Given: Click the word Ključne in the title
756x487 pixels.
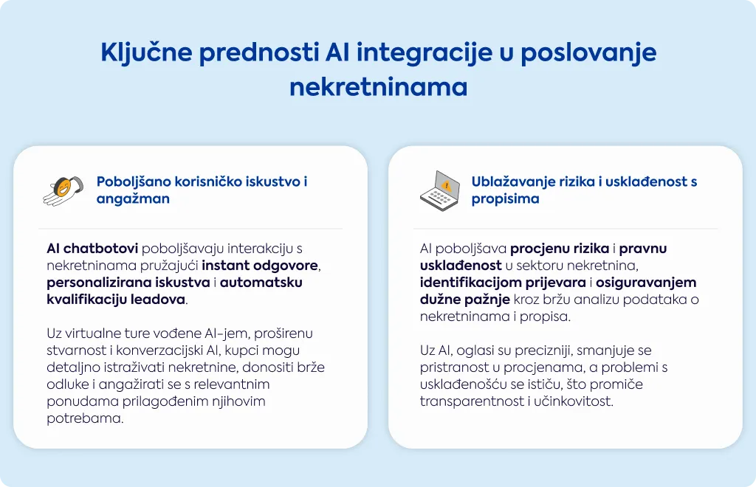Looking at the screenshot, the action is pyautogui.click(x=147, y=53).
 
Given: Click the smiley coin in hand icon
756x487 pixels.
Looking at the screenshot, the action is pyautogui.click(x=63, y=191).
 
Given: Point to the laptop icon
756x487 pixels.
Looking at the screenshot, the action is pyautogui.click(x=440, y=191).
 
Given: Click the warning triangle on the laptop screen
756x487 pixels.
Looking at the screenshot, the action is pyautogui.click(x=447, y=185).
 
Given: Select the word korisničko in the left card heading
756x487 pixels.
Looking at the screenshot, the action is pyautogui.click(x=208, y=182).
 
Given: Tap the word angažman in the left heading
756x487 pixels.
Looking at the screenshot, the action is pyautogui.click(x=133, y=199).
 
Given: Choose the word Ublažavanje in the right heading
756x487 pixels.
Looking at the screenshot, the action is pyautogui.click(x=514, y=182).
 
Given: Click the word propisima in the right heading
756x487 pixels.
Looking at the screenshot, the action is pyautogui.click(x=505, y=199).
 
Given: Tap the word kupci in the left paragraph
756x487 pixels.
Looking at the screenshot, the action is pyautogui.click(x=242, y=351).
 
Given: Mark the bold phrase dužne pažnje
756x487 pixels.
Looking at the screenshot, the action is pyautogui.click(x=465, y=300).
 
